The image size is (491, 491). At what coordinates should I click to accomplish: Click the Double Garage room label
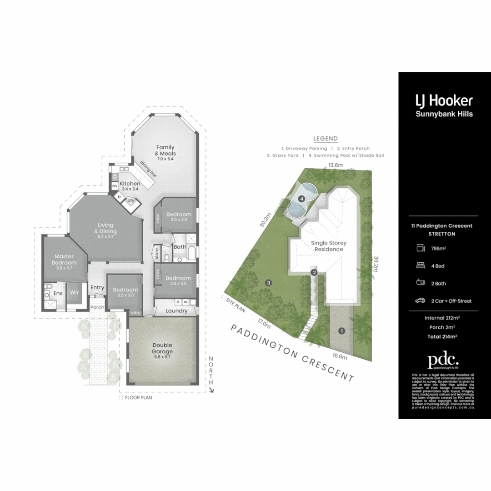(162, 348)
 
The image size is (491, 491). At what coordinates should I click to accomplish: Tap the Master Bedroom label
(64, 260)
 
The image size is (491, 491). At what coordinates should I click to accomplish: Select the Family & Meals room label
(166, 150)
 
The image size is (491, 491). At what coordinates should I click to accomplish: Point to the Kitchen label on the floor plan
(130, 184)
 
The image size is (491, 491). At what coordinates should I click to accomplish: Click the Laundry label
(177, 311)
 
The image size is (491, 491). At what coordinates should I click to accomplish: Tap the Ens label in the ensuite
(58, 293)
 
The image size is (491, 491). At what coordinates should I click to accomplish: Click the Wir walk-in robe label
(75, 293)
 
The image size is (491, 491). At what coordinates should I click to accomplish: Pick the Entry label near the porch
(97, 287)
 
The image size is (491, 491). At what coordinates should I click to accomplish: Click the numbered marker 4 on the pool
(301, 198)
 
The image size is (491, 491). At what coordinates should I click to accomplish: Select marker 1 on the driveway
(341, 331)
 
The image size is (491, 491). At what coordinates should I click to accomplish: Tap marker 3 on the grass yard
(269, 283)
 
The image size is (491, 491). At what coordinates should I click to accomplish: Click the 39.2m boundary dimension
(376, 264)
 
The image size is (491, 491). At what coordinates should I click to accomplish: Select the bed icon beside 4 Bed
(420, 266)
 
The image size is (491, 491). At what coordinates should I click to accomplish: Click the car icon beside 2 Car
(420, 301)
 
